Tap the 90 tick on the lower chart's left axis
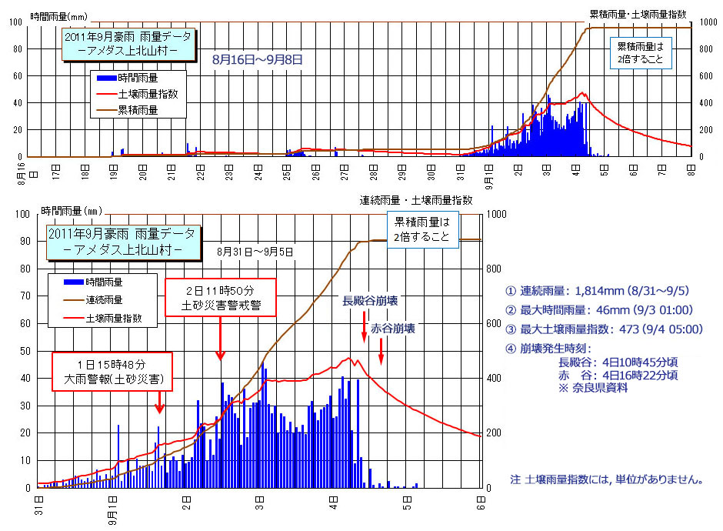coord(25,241)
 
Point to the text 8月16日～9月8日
coord(258,58)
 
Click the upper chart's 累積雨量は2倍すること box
coord(640,52)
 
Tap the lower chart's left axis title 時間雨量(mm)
coord(72,209)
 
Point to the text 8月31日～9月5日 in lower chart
coord(255,252)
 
